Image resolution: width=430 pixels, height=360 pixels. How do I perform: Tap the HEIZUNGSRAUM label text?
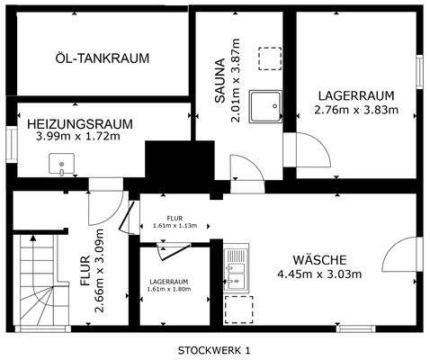tap(80, 123)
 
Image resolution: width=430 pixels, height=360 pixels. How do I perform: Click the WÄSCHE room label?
tap(319, 260)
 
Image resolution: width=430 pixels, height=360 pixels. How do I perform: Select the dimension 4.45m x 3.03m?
tap(319, 274)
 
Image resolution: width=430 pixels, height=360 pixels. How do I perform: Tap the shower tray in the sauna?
tap(267, 105)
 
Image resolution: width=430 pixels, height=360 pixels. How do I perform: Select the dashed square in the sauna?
tap(269, 57)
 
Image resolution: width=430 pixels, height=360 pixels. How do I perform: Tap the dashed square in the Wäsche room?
tap(237, 310)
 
